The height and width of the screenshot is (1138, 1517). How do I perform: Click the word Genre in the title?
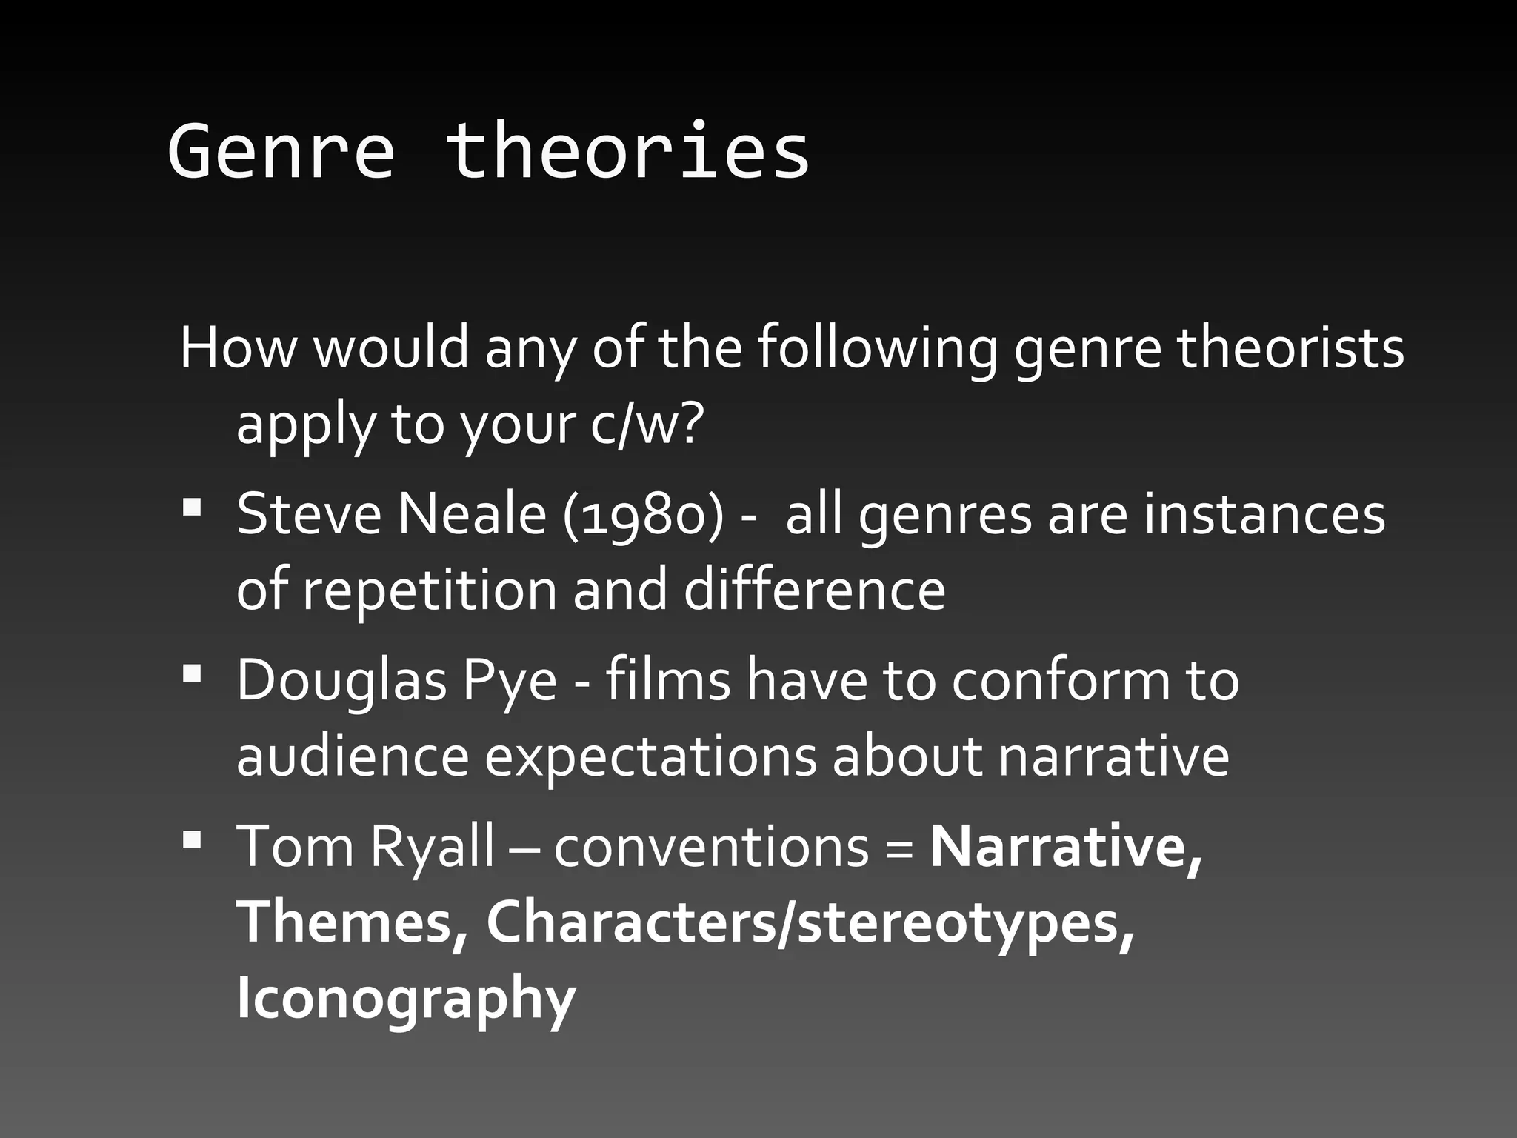click(x=281, y=152)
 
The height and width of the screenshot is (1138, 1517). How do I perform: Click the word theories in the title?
click(x=627, y=152)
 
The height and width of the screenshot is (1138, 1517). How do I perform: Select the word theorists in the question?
click(x=1290, y=347)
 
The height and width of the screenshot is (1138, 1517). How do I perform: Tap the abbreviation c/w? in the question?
click(x=644, y=425)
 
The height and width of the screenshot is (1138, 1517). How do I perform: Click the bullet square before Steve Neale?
click(x=191, y=508)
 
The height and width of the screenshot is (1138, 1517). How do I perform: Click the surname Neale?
click(x=473, y=514)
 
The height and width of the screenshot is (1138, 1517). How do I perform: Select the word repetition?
click(x=429, y=590)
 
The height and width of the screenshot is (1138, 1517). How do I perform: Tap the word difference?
click(x=814, y=590)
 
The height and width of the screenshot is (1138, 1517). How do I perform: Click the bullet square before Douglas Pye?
click(x=191, y=673)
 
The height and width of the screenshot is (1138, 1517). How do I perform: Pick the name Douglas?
click(x=341, y=681)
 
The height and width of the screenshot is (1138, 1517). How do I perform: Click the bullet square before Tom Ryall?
click(x=191, y=839)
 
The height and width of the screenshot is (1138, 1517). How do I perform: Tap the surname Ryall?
click(x=432, y=847)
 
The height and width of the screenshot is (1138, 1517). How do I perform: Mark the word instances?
click(x=1264, y=514)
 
